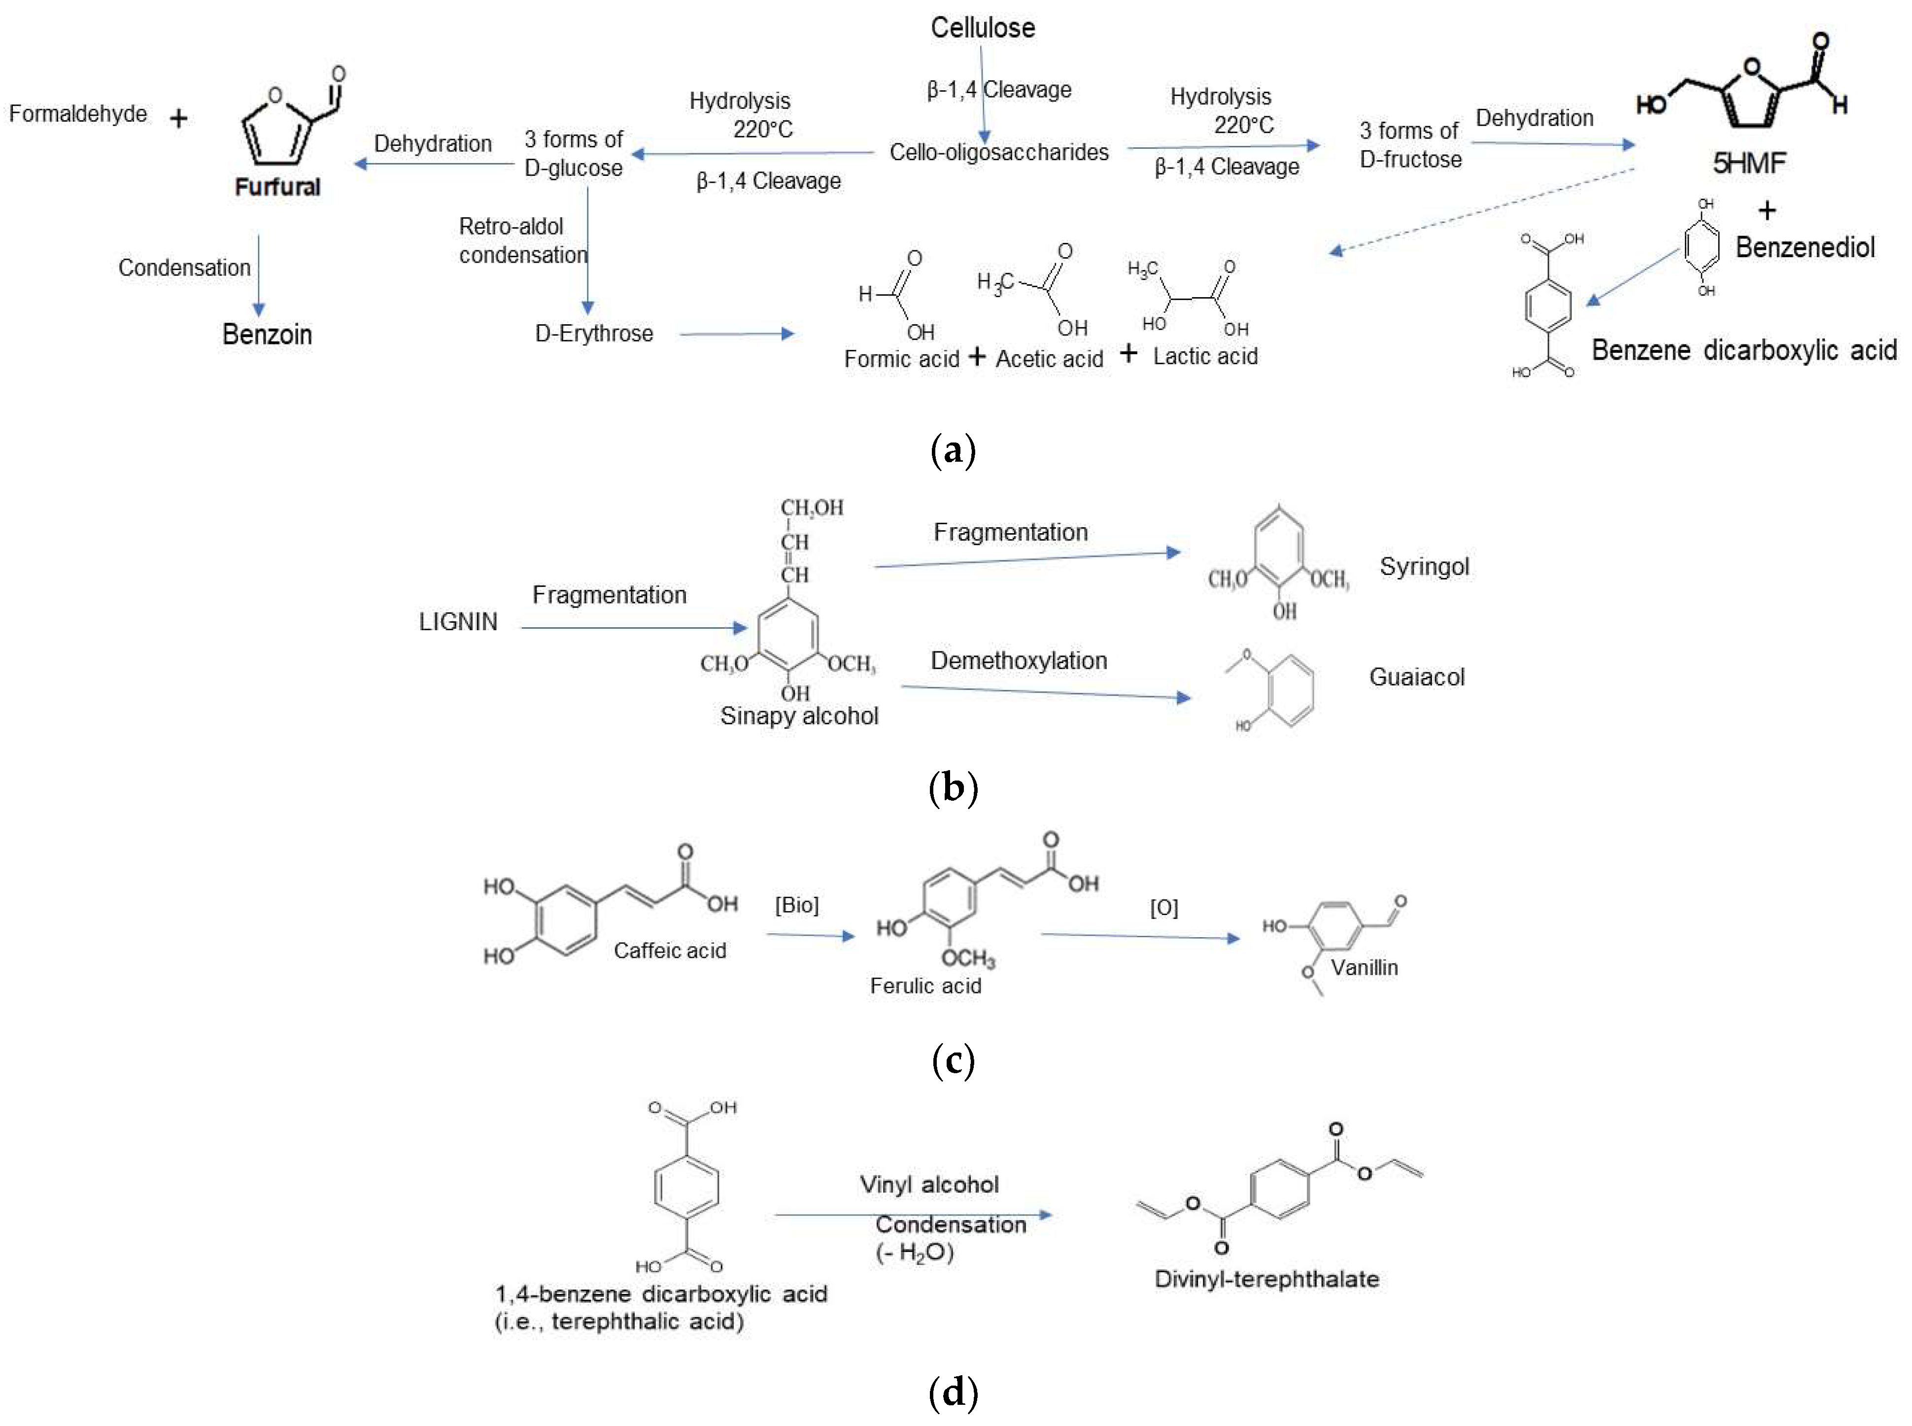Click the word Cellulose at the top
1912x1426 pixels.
point(982,28)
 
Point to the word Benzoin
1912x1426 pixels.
point(267,334)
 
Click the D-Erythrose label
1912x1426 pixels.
point(594,333)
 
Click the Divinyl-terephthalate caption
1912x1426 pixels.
point(1266,1278)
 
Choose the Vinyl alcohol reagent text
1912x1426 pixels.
point(929,1184)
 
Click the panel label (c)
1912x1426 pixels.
point(953,1060)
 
